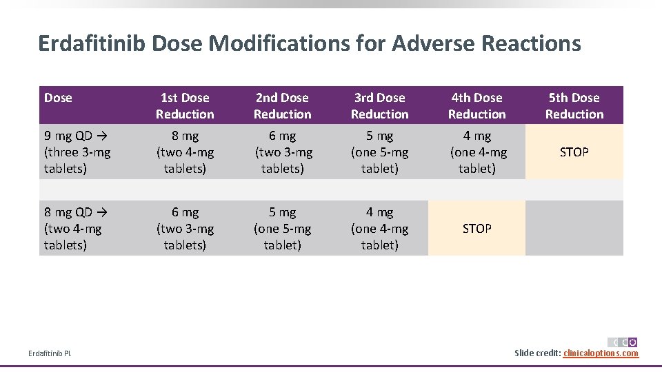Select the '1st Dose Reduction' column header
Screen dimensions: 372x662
point(185,106)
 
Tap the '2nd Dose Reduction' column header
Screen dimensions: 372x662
point(282,106)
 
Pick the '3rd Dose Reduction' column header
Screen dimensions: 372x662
point(379,106)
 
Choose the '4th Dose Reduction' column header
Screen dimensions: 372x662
point(477,106)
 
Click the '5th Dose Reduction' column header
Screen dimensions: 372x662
point(574,106)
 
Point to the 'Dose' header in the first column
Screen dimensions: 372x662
point(58,98)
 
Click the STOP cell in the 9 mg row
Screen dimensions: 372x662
point(574,152)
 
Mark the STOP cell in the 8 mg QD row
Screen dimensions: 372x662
point(477,229)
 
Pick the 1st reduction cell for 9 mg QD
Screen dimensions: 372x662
point(185,152)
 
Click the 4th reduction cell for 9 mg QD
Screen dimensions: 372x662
point(477,152)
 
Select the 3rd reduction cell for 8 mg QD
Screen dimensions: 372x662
point(379,229)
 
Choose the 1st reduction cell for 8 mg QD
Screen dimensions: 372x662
point(185,229)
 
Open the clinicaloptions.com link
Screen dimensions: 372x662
point(601,353)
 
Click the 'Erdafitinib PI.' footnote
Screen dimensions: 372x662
point(50,354)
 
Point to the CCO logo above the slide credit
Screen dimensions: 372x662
point(623,342)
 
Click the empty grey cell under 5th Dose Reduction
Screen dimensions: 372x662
point(574,229)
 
